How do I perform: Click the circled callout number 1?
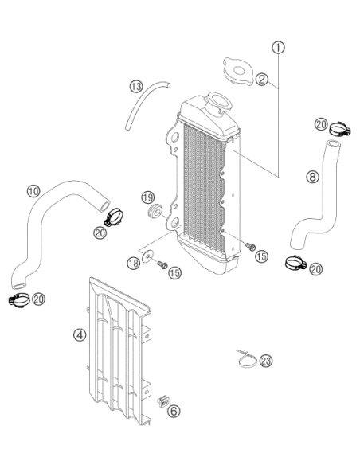(x=278, y=48)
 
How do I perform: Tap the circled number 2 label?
(x=262, y=79)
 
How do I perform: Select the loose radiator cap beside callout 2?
(x=238, y=72)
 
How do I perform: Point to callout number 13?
(x=136, y=87)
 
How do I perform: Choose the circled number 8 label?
(x=312, y=177)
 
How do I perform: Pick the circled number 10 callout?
(x=33, y=191)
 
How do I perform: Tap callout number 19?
(x=147, y=197)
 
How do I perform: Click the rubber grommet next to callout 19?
(x=155, y=211)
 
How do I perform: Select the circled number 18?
(x=134, y=264)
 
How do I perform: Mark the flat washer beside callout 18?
(x=147, y=256)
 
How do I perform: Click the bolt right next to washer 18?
(x=162, y=264)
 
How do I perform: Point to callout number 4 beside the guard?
(x=80, y=335)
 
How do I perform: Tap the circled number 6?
(x=174, y=411)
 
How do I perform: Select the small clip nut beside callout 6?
(x=162, y=402)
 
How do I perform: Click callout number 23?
(x=266, y=361)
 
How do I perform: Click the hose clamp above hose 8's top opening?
(x=340, y=129)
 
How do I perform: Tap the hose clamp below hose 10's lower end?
(x=19, y=300)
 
